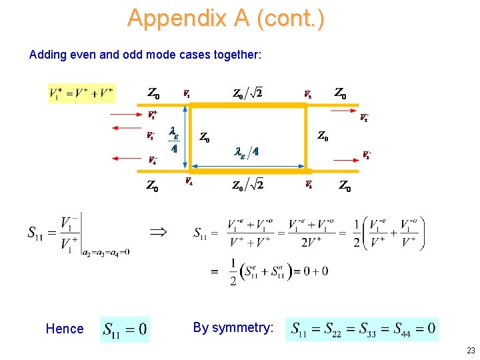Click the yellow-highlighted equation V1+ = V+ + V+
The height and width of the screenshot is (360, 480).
point(81,93)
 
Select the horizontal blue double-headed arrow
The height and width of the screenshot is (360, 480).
point(247,167)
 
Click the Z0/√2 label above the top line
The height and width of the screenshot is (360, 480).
point(247,93)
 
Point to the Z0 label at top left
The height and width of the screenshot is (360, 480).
point(153,93)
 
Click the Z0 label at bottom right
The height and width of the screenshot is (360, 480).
point(345,186)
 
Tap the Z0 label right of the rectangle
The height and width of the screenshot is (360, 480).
point(322,137)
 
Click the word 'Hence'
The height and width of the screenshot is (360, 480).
point(65,328)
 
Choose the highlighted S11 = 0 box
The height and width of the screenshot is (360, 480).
point(125,329)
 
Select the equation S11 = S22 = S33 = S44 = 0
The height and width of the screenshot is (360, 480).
point(362,328)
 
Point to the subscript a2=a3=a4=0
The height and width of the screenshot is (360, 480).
point(106,251)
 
